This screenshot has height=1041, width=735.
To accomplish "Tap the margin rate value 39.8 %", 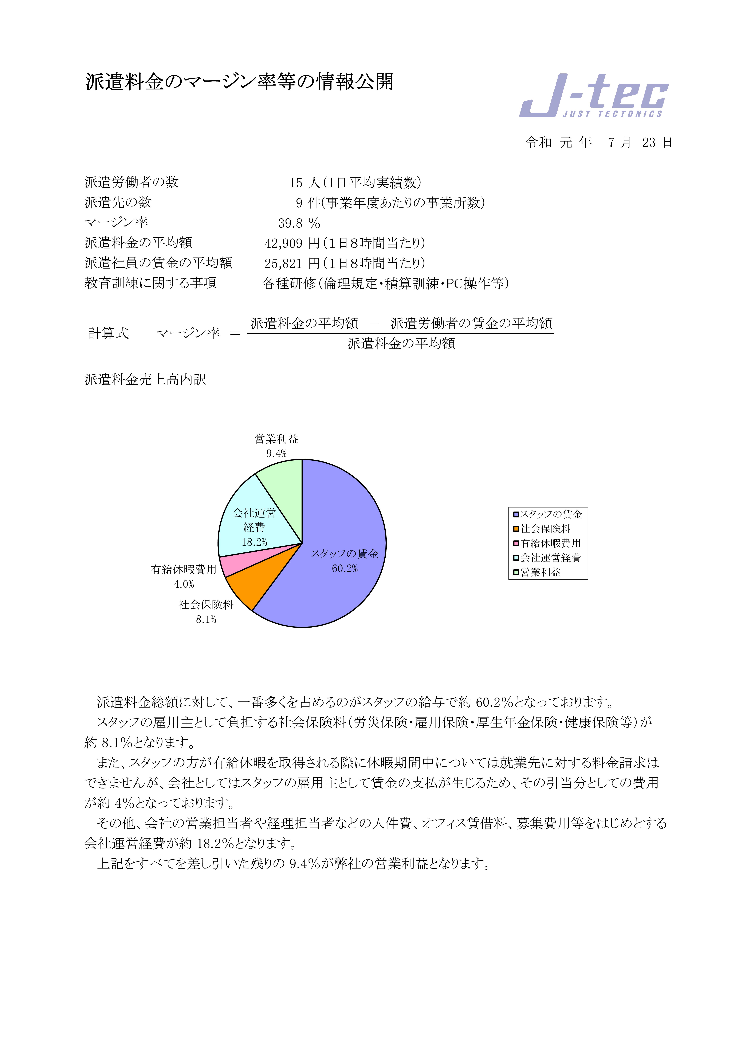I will click(x=299, y=223).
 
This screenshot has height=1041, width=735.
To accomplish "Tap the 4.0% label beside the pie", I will click(x=184, y=584).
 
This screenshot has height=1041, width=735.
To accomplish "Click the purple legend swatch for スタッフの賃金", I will click(x=516, y=514).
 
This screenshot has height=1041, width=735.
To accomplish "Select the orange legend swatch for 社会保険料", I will click(x=516, y=529).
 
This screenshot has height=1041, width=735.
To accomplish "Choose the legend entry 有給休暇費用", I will click(x=550, y=543).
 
